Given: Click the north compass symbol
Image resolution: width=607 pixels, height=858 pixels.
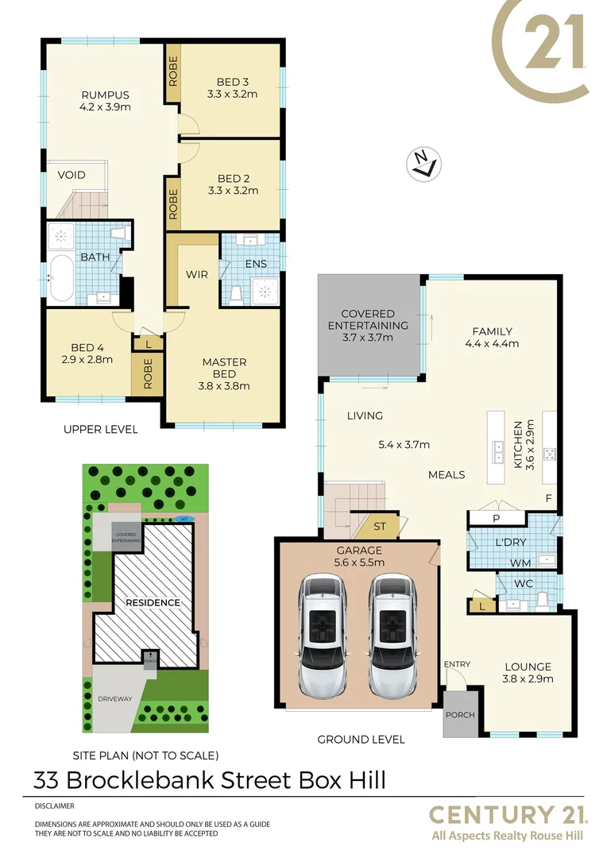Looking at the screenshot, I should [424, 164].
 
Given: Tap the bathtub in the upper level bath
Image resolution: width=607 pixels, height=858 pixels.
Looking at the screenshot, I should [61, 278].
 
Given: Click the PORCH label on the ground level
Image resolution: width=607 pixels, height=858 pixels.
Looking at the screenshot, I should [460, 715].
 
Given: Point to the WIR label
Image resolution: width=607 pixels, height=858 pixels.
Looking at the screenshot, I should [197, 275].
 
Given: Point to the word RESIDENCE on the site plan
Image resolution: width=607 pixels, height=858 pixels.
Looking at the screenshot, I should [153, 602].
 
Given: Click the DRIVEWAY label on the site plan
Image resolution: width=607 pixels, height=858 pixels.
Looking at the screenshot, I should [115, 699].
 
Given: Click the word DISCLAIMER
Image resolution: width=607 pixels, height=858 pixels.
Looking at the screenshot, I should [55, 806].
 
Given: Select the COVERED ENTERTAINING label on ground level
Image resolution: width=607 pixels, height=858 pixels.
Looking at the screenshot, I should [368, 319].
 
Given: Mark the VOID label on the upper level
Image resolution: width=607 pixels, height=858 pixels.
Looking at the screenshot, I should [71, 175].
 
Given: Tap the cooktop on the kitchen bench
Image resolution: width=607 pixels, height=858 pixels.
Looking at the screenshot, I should [549, 454].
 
